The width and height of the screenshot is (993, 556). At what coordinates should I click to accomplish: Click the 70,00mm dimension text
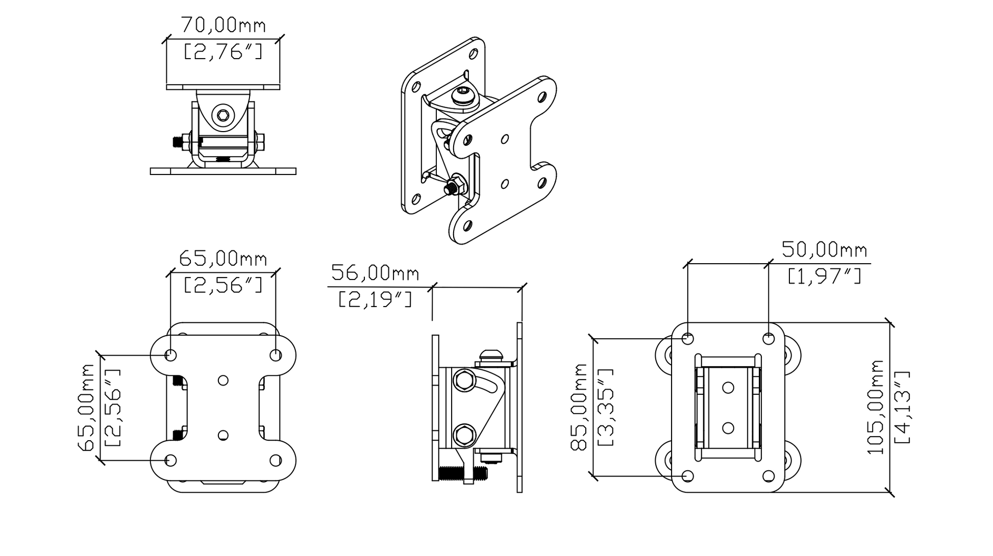pyautogui.click(x=223, y=25)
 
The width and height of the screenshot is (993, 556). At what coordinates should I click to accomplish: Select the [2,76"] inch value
pyautogui.click(x=223, y=52)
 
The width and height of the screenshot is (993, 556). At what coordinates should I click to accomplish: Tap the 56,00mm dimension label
pyautogui.click(x=375, y=273)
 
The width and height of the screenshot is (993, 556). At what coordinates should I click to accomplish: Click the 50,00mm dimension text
pyautogui.click(x=824, y=250)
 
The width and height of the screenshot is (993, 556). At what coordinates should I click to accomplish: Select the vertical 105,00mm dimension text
pyautogui.click(x=876, y=407)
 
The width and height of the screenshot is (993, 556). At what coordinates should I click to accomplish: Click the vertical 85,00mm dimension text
pyautogui.click(x=579, y=407)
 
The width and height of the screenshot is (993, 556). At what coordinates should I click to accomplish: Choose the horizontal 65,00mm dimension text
pyautogui.click(x=223, y=259)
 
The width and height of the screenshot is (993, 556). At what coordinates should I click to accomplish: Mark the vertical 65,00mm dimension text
pyautogui.click(x=86, y=407)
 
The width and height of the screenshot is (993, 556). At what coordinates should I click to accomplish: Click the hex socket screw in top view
pyautogui.click(x=223, y=115)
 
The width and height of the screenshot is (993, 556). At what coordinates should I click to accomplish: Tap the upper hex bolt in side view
pyautogui.click(x=464, y=381)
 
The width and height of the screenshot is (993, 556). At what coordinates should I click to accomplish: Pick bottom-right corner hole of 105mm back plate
pyautogui.click(x=768, y=476)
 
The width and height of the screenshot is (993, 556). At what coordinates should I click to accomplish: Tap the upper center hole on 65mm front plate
pyautogui.click(x=223, y=381)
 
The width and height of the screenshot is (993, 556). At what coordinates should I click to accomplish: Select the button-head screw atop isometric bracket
pyautogui.click(x=463, y=95)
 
